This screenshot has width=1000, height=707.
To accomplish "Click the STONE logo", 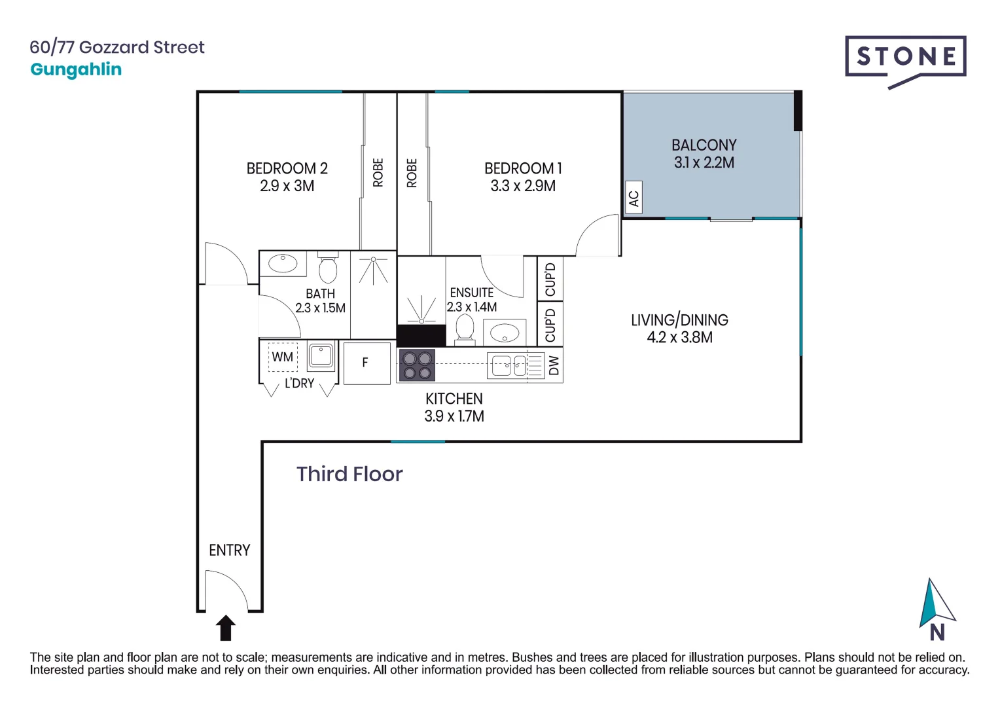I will coord(905,58).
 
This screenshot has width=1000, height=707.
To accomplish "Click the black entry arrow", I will coord(226,628).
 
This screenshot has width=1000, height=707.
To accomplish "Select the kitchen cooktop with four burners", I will coord(417,365).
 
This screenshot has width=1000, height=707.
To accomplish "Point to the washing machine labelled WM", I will coord(283,357).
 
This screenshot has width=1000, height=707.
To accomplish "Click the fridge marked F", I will coord(366,363).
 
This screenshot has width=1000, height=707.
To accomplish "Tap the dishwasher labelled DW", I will coord(554,365).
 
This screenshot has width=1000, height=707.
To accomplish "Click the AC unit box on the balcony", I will coord(633,198).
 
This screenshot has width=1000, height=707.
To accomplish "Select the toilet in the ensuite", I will coord(465,327).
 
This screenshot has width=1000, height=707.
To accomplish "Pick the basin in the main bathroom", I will coord(283,264).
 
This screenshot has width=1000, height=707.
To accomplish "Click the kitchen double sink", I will coord(509,365).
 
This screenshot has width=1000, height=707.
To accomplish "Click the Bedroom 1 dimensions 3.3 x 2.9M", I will coord(523,186).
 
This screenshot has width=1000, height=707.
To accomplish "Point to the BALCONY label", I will coord(704,145).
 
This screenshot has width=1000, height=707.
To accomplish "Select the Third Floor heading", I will coord(349,474).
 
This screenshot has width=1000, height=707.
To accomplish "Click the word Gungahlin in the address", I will coord(76,69).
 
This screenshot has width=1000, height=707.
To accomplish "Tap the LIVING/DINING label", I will coord(679,320).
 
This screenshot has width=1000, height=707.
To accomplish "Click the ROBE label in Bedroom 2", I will coord(378,173).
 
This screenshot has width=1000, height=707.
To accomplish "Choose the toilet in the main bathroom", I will coord(328,268).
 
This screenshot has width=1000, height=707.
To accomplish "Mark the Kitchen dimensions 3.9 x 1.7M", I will coord(454,416).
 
